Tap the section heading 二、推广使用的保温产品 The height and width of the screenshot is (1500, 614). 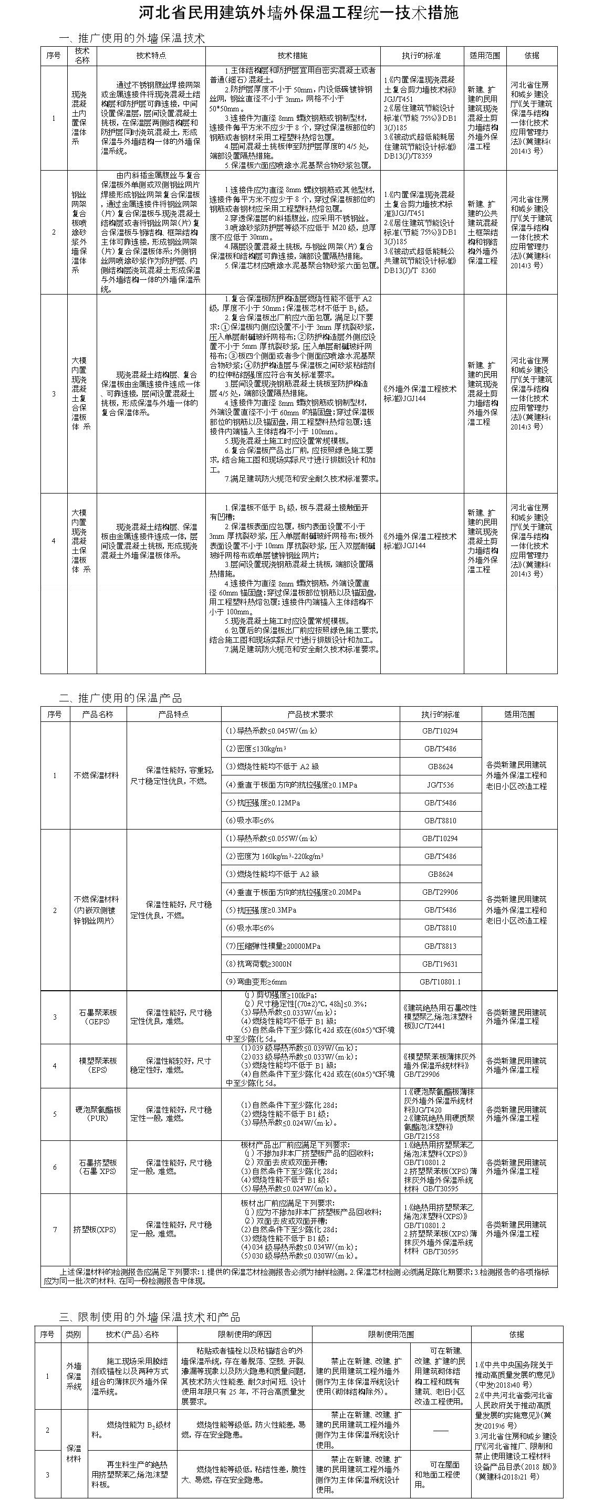click(x=121, y=698)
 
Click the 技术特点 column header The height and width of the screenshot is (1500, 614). click(x=151, y=56)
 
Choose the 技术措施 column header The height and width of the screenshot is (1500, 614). click(x=293, y=56)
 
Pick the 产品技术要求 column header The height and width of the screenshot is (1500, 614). click(x=310, y=715)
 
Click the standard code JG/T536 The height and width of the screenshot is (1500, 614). click(x=440, y=785)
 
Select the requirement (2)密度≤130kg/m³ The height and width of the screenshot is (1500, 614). click(x=256, y=749)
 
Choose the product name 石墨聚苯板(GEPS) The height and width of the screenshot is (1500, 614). click(x=98, y=1018)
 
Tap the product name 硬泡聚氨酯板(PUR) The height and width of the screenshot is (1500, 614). click(x=98, y=1114)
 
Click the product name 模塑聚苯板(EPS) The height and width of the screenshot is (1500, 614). click(x=98, y=1065)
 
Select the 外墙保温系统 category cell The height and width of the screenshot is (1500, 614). click(x=74, y=1377)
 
